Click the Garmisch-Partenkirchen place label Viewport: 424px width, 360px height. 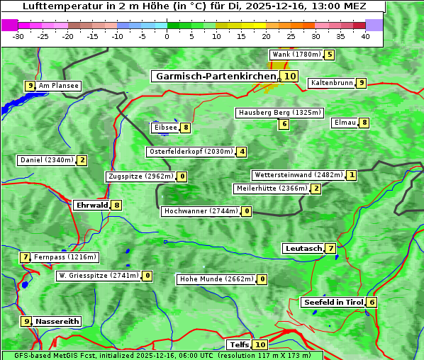click(215, 76)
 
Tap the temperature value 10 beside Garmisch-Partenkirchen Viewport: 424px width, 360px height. click(289, 76)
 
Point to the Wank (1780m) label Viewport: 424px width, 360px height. click(296, 55)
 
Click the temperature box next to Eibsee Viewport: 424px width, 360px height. click(185, 128)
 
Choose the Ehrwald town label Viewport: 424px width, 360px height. click(91, 205)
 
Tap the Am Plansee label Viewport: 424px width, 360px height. click(58, 86)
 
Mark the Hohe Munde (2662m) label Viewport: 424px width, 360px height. click(216, 279)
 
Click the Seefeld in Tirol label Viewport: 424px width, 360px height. click(333, 302)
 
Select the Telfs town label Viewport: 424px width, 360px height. click(240, 344)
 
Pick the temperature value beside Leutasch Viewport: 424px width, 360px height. click(330, 248)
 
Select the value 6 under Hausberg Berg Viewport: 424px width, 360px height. click(284, 124)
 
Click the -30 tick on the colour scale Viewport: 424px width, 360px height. click(18, 36)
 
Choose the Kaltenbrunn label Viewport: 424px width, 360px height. click(332, 83)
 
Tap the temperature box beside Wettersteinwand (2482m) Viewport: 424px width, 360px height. click(352, 175)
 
